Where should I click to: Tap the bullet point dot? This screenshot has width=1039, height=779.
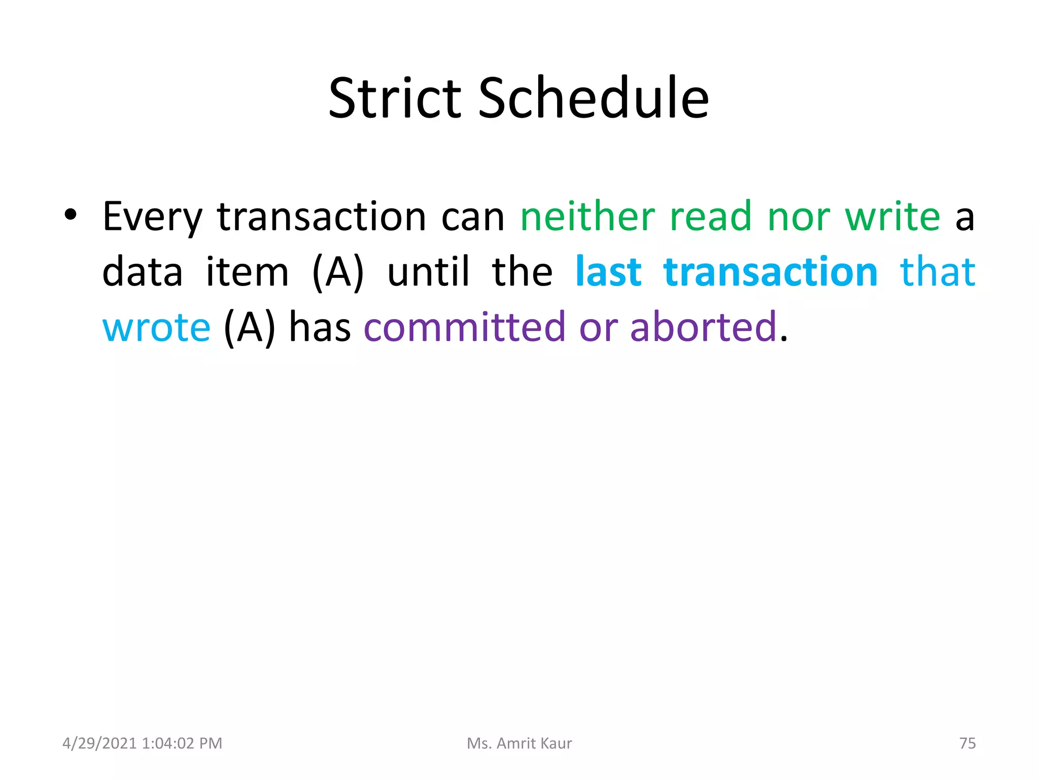coord(71,215)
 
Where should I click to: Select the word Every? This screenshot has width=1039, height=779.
coord(152,217)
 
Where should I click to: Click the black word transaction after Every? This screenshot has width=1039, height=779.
coord(322,217)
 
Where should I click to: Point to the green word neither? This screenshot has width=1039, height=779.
coord(587,216)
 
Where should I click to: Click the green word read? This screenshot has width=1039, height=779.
coord(710,216)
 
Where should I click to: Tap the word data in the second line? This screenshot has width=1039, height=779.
coord(143,272)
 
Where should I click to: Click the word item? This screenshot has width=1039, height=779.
coord(247,272)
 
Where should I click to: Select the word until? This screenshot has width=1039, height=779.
coord(428,272)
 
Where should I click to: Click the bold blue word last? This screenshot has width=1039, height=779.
coord(608,272)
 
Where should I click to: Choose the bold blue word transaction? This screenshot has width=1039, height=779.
coord(770,272)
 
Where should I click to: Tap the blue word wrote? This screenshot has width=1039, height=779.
coord(156,328)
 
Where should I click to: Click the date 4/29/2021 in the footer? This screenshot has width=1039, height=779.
coord(99,743)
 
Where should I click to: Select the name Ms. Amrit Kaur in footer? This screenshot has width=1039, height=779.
coord(519,743)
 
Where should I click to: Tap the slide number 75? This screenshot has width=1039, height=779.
coord(967,743)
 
